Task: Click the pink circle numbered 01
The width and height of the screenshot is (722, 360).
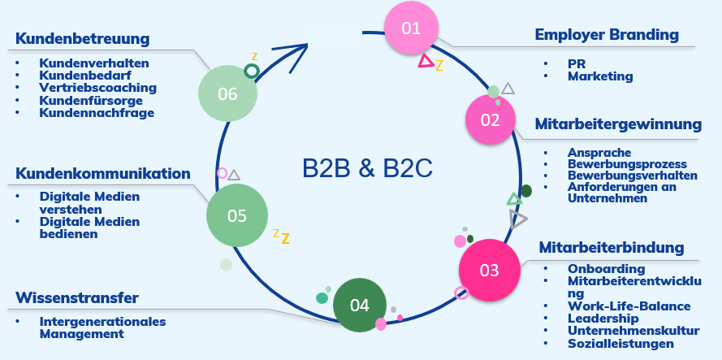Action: [411, 29]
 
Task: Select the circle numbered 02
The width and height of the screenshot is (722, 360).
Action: [491, 120]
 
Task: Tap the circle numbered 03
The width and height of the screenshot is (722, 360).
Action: [489, 271]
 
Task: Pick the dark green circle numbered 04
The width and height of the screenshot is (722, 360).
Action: [360, 305]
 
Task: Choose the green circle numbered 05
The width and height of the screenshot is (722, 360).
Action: [236, 216]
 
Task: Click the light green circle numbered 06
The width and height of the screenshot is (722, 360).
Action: [227, 94]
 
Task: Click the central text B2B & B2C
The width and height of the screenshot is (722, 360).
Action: [367, 169]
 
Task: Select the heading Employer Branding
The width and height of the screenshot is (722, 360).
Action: [606, 35]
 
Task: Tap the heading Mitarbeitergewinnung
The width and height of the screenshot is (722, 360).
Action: [618, 124]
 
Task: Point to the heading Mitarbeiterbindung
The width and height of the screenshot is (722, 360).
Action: [612, 247]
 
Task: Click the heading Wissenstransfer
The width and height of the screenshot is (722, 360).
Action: [77, 297]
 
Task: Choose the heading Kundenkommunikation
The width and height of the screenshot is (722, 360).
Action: [103, 174]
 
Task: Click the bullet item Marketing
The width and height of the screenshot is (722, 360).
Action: [600, 76]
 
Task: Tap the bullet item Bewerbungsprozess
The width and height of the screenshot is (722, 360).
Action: [627, 164]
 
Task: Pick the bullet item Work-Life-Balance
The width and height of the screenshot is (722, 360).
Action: [629, 306]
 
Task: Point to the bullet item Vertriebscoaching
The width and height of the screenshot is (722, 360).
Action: [97, 88]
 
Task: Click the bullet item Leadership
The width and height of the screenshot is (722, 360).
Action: [603, 319]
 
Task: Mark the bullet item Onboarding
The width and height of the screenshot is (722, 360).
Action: [607, 269]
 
